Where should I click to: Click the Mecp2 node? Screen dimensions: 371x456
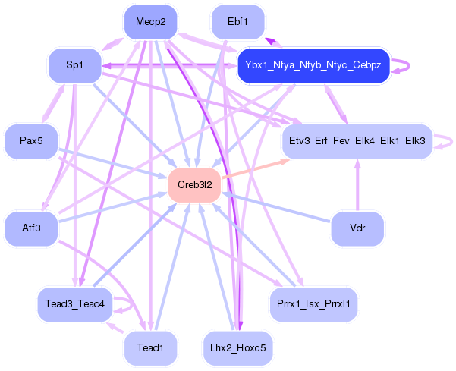[150, 21]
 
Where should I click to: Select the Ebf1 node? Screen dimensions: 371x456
[237, 21]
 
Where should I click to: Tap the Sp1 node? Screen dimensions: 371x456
[74, 65]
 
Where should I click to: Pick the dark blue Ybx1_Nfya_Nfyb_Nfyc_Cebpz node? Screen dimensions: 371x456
[313, 66]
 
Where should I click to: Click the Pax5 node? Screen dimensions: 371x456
[30, 141]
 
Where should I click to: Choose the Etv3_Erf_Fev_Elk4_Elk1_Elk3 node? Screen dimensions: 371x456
[357, 141]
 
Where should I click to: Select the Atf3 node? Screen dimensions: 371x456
[31, 228]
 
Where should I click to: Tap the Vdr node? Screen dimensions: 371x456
[357, 228]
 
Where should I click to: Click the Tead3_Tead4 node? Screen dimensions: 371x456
[74, 303]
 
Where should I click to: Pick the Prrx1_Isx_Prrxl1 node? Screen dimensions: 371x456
[313, 303]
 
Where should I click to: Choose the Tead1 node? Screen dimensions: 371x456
[150, 347]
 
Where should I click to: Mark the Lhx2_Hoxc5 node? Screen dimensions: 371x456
[237, 347]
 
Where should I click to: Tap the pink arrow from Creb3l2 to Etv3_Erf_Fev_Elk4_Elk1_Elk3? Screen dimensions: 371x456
[251, 171]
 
